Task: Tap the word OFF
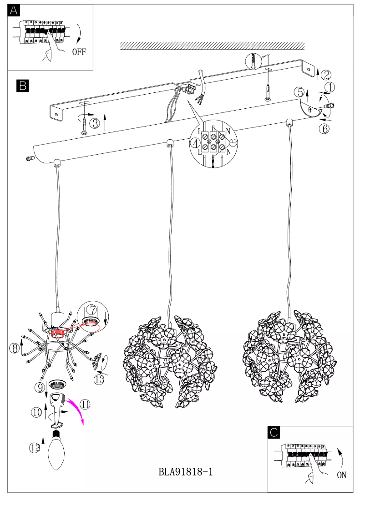(78, 51)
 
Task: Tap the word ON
(342, 475)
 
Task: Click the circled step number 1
(330, 86)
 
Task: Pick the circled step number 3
(95, 123)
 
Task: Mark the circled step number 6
(324, 129)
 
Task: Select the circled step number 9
(39, 387)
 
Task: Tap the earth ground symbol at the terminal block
(231, 142)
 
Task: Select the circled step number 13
(99, 379)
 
